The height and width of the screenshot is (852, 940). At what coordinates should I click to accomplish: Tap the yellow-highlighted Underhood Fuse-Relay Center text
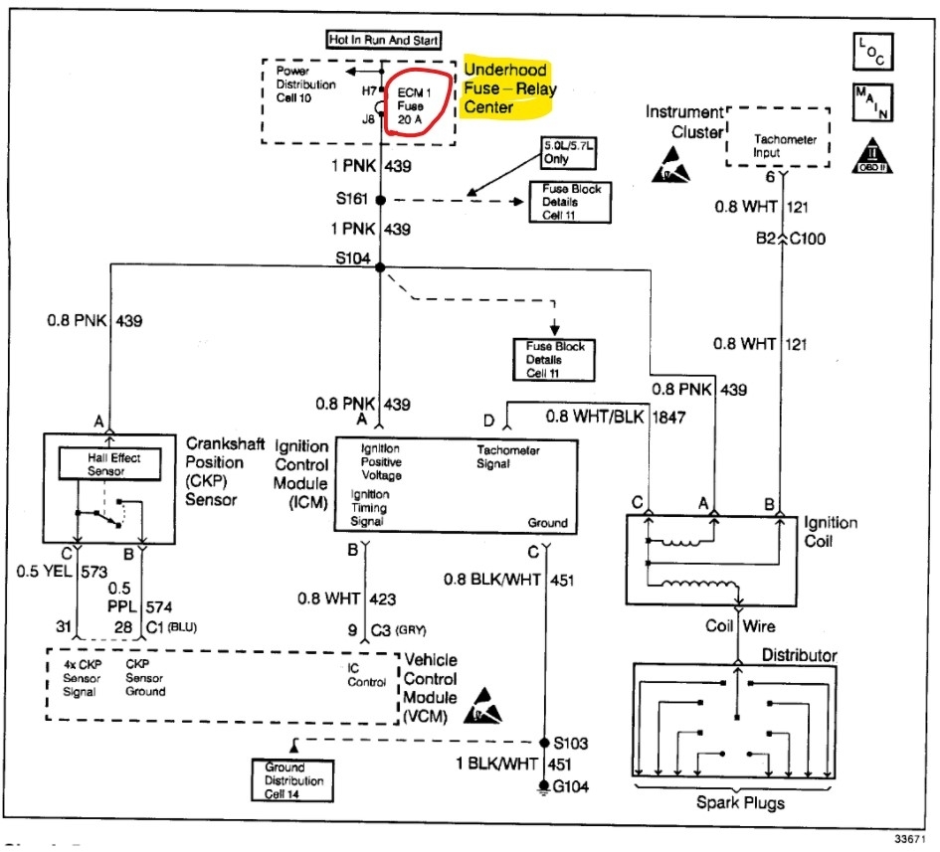510,88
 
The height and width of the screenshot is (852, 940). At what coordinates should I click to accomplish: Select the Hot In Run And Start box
384,40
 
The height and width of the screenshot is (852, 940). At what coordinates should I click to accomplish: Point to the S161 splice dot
380,200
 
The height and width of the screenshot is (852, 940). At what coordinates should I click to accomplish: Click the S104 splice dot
380,264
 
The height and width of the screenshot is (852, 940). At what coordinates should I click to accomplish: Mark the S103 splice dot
544,743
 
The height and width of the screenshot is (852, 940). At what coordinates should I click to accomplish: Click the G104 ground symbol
544,787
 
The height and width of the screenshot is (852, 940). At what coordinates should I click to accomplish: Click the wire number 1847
669,419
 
